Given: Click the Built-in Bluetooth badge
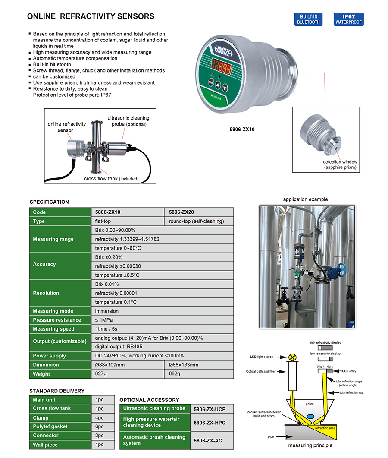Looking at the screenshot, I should pyautogui.click(x=308, y=19).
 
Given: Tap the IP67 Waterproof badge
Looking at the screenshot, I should pyautogui.click(x=348, y=19).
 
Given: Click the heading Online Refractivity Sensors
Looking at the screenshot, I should pyautogui.click(x=91, y=17).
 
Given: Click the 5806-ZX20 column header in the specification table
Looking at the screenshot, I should pyautogui.click(x=181, y=212).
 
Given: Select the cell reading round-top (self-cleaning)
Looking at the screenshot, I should pyautogui.click(x=197, y=221).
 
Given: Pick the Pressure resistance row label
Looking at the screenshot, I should pyautogui.click(x=57, y=320).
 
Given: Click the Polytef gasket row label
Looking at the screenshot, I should pyautogui.click(x=50, y=426).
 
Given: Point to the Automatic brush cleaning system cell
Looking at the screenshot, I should pyautogui.click(x=154, y=440).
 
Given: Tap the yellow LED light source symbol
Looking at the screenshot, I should pyautogui.click(x=293, y=357).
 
